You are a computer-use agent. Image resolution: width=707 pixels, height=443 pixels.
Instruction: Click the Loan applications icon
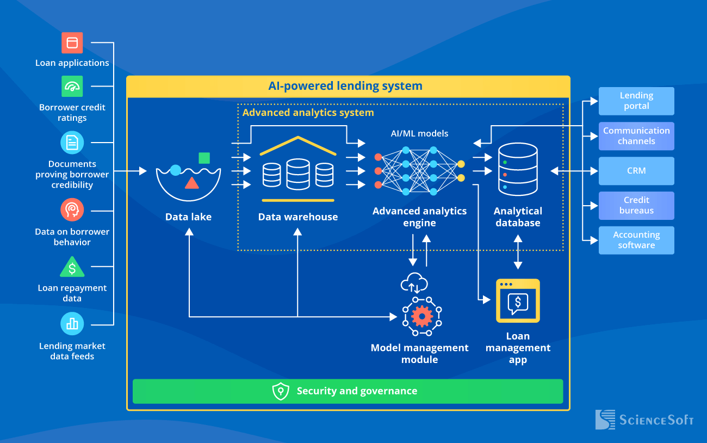[x=72, y=42]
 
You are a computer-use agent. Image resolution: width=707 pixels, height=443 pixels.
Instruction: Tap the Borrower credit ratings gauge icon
[x=72, y=87]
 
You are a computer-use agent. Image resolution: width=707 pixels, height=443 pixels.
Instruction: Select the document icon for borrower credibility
[x=72, y=143]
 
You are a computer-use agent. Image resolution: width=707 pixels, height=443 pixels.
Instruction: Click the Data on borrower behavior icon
[x=72, y=210]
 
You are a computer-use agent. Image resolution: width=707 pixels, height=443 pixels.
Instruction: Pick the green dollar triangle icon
[x=72, y=268]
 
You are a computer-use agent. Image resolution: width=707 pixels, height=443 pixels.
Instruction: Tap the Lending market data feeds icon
[x=72, y=324]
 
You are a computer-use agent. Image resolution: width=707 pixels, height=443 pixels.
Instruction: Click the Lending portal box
[x=636, y=101]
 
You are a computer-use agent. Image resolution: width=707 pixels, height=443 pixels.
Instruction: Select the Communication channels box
[x=636, y=136]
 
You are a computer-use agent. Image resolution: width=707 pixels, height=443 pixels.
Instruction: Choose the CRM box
[x=636, y=171]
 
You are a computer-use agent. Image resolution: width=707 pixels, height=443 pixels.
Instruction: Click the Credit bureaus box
[x=636, y=205]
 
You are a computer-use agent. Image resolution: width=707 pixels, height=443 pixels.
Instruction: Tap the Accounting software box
[x=636, y=240]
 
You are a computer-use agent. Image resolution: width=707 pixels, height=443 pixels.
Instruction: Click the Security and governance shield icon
[x=281, y=391]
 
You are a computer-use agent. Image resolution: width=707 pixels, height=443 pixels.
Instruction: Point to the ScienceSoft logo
[x=644, y=420]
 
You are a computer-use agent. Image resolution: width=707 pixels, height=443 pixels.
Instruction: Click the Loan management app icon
[x=518, y=301]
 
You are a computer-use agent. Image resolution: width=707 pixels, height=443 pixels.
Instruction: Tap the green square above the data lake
[x=204, y=158]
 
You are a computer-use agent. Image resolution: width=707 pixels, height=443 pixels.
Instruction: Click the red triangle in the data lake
[x=191, y=183]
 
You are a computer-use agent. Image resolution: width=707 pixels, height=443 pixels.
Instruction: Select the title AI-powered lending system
[x=345, y=86]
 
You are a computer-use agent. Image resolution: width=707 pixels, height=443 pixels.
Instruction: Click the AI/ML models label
[x=419, y=133]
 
